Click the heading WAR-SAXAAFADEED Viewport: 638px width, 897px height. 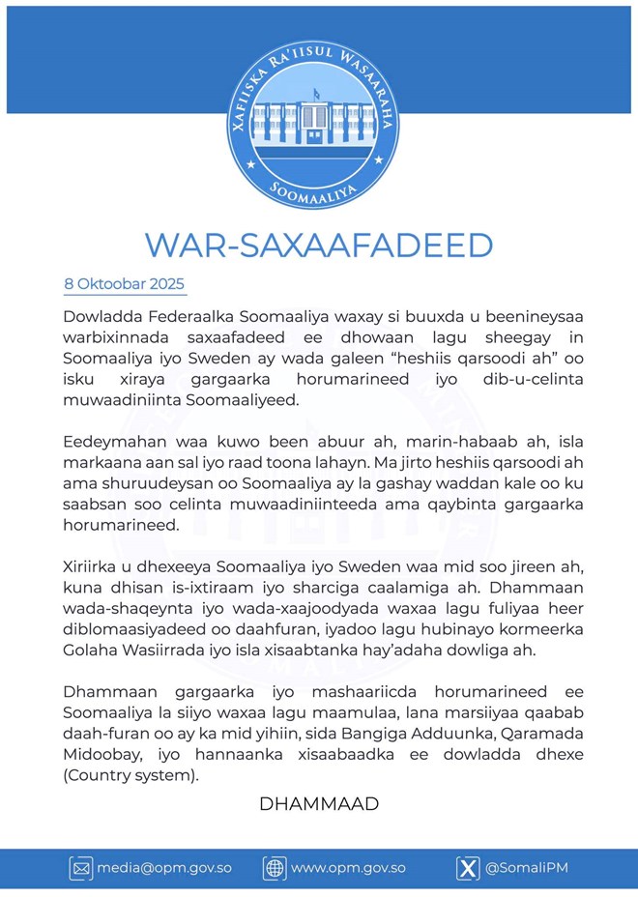pos(319,245)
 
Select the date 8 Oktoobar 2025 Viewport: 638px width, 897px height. pos(124,284)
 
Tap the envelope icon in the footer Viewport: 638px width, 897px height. pos(81,868)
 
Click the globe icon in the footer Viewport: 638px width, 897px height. pos(274,868)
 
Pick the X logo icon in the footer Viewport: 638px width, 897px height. pos(468,868)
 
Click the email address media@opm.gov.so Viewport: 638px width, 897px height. pos(164,868)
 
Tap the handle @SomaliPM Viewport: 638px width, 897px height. pos(527,868)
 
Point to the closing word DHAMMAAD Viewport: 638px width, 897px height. pos(319,803)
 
